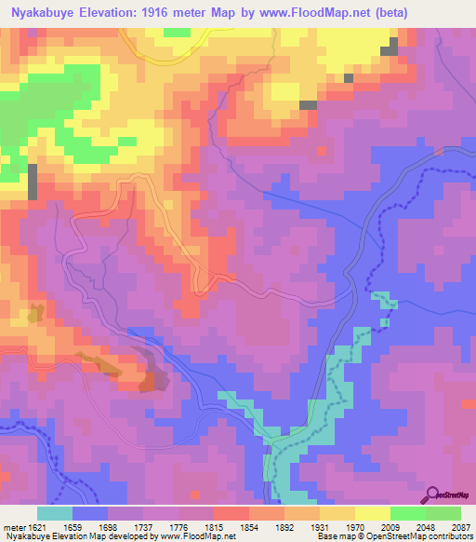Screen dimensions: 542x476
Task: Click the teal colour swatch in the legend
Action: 55,513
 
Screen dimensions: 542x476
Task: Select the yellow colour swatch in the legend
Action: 372,513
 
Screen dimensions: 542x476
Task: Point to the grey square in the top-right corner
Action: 393,46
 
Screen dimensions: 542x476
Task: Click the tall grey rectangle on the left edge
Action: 33,181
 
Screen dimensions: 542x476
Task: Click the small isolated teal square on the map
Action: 383,323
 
